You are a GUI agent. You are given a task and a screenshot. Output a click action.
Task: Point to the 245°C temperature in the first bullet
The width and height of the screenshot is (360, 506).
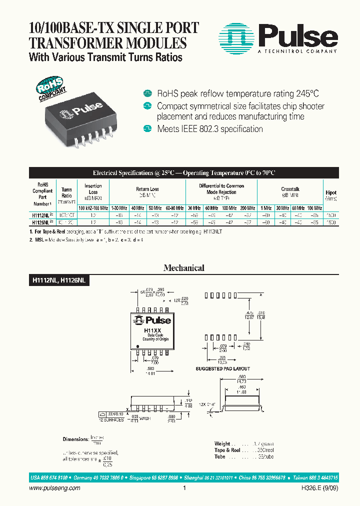[303, 93]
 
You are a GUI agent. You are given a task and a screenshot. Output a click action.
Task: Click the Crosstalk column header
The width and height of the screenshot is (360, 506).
[290, 189]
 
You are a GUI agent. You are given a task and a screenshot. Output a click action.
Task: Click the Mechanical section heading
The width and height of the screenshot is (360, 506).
[183, 268]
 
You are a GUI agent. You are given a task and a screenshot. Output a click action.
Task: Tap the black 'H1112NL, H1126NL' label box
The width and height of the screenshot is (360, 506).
[56, 281]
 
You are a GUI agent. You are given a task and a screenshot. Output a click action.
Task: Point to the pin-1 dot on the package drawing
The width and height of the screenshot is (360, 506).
[137, 346]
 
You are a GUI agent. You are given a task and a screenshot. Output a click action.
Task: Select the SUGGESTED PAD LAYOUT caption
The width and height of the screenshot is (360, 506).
[223, 369]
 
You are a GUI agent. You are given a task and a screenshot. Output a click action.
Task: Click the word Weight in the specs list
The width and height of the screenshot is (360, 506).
[222, 443]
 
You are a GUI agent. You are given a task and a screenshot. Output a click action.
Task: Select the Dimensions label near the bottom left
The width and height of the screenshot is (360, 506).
[75, 439]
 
